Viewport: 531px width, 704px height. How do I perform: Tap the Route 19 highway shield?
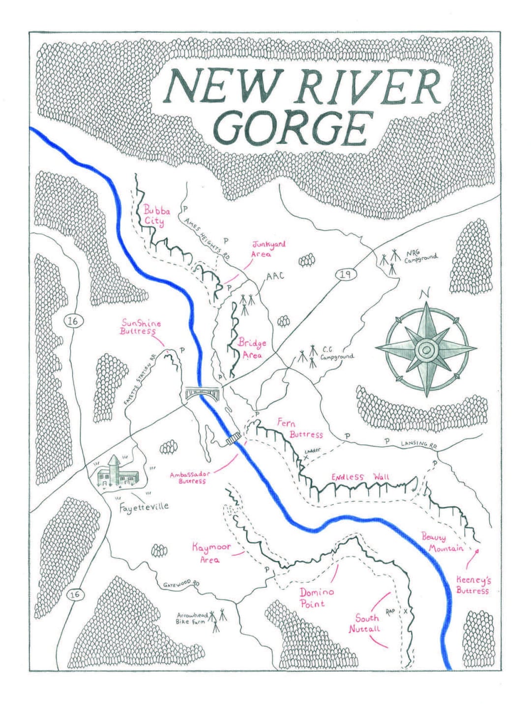tap(346, 274)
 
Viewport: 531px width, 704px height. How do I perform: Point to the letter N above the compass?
tap(424, 295)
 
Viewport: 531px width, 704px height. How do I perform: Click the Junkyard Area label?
tap(268, 249)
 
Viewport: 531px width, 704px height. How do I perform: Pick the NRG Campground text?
tap(420, 256)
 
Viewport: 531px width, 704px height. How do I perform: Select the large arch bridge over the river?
tap(204, 393)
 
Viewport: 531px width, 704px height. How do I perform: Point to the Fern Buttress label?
tap(299, 428)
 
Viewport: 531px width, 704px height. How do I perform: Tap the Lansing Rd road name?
tap(418, 444)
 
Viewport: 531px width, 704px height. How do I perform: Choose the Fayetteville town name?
tap(144, 506)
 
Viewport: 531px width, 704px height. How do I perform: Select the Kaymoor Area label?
tap(210, 553)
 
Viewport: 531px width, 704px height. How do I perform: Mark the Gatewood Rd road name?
tap(181, 583)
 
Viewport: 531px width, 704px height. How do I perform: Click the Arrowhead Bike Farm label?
tap(191, 618)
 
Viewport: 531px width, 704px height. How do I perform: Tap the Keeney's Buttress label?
tap(473, 585)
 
